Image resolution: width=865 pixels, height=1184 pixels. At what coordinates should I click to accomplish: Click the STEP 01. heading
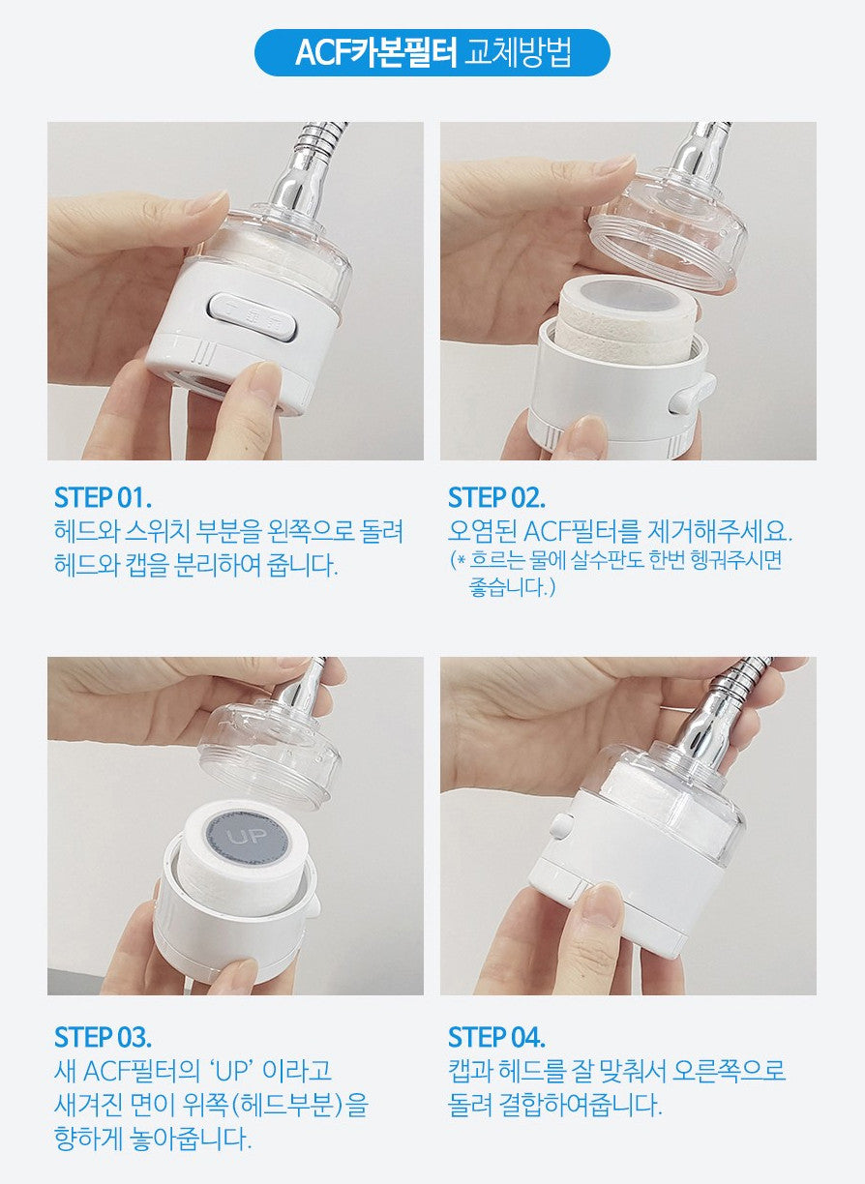point(103,498)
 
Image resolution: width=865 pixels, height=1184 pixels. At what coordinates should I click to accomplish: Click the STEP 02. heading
point(496,498)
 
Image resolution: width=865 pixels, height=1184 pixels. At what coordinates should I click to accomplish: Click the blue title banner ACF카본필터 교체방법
point(432,53)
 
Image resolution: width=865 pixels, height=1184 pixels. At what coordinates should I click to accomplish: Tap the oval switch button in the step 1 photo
point(254,317)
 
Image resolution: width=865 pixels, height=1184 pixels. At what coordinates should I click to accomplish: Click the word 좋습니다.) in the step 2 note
point(512,588)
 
